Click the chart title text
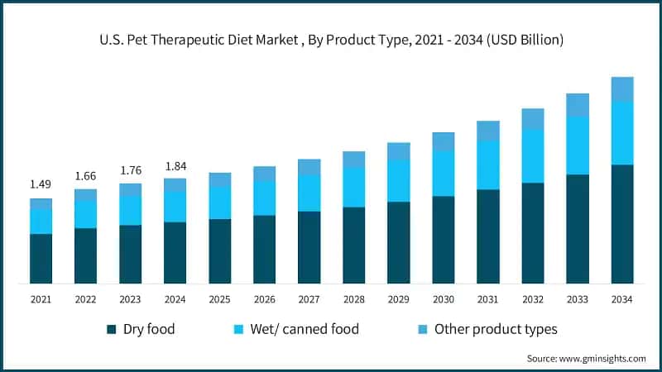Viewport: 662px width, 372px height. (331, 40)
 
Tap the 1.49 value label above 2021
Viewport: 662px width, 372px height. (41, 184)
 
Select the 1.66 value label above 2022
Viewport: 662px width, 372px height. (85, 175)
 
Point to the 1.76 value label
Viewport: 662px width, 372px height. (130, 170)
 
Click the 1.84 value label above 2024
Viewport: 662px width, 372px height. (175, 165)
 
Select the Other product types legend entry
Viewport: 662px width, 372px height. (485, 329)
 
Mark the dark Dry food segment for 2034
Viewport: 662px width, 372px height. (622, 224)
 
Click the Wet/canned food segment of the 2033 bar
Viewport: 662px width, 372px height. (578, 145)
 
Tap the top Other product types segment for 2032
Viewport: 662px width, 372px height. (533, 119)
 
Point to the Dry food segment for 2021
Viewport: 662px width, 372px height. (41, 259)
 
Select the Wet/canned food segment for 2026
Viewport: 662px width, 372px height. (264, 198)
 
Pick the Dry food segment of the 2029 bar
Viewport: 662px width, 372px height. (399, 243)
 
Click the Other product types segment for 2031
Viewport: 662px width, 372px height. (488, 131)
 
